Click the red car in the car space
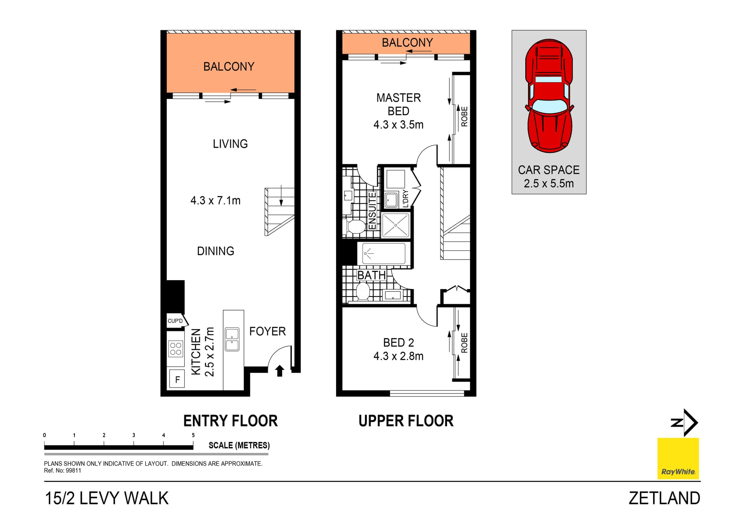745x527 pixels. click(549, 95)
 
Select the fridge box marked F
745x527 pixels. click(177, 379)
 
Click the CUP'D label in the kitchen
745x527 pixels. click(175, 321)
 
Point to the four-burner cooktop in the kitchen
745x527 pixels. click(175, 348)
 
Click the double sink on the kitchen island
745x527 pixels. click(232, 340)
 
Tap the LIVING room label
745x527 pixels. click(230, 144)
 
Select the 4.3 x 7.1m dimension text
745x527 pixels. click(215, 201)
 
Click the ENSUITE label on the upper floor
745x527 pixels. click(372, 211)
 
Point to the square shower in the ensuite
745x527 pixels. click(395, 225)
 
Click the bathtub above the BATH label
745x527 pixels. click(383, 253)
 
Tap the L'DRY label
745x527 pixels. click(405, 198)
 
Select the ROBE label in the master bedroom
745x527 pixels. click(464, 116)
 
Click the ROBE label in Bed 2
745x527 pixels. click(464, 343)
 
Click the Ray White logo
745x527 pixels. click(678, 459)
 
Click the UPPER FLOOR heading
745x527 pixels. click(406, 421)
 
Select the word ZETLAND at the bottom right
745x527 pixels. click(664, 498)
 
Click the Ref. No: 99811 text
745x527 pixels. click(62, 471)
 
